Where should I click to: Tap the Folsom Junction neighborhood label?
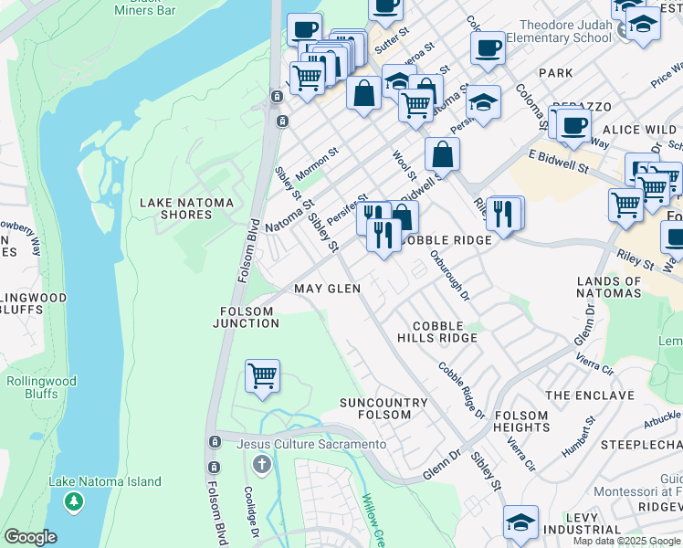click(x=247, y=317)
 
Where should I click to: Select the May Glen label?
click(x=327, y=289)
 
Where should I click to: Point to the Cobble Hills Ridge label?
click(x=445, y=332)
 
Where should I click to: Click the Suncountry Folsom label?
click(x=383, y=408)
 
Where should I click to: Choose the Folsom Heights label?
click(x=521, y=420)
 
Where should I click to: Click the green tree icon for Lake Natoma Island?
click(x=74, y=501)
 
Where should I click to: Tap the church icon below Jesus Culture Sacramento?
click(x=262, y=465)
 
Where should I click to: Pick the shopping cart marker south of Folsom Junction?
click(x=263, y=375)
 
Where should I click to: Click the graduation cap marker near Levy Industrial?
click(x=520, y=522)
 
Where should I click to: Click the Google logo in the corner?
click(x=30, y=537)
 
